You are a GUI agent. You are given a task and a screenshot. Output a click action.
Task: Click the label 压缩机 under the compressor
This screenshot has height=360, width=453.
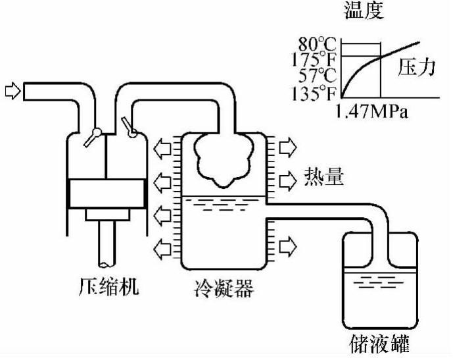click(x=107, y=288)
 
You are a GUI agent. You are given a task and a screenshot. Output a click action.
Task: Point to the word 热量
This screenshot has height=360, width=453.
click(x=324, y=177)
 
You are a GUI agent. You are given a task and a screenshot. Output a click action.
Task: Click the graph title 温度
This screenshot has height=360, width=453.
click(x=364, y=10)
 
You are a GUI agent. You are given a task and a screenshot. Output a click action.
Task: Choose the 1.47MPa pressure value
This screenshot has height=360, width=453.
click(x=373, y=111)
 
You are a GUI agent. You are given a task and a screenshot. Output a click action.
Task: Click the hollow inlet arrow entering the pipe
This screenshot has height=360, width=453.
click(x=12, y=90)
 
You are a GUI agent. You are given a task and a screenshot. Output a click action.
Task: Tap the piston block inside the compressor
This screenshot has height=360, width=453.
click(x=107, y=194)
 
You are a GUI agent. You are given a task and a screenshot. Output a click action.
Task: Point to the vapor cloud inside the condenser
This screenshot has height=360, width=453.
click(x=222, y=160)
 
